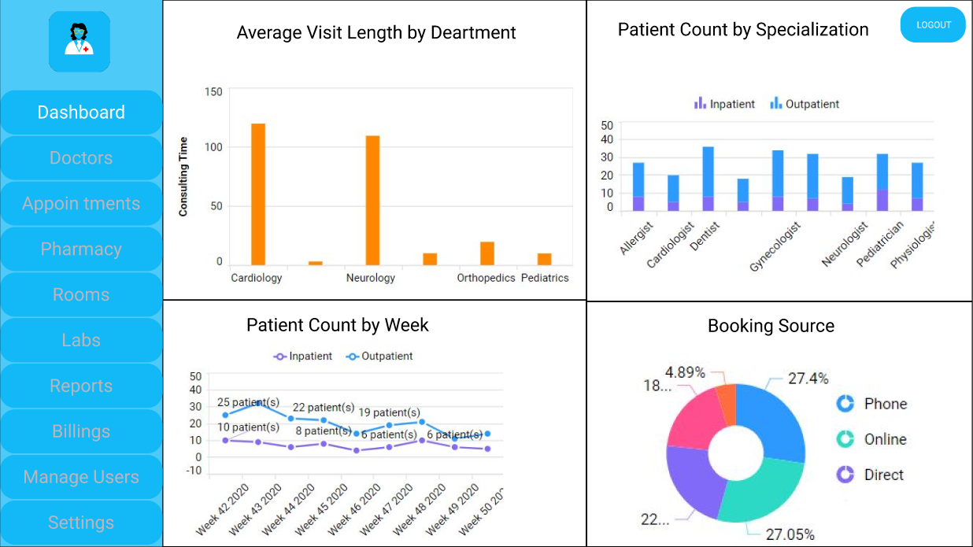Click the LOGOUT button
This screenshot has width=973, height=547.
click(933, 25)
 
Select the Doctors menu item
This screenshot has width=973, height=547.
click(81, 158)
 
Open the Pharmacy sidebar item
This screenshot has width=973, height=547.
click(81, 249)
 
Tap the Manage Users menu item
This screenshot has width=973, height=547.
click(81, 478)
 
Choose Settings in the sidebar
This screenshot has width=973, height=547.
click(81, 523)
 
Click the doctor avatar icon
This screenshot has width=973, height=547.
click(80, 42)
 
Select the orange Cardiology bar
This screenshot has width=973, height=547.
click(258, 194)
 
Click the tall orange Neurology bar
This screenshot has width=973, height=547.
click(372, 200)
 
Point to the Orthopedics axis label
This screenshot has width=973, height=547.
click(486, 278)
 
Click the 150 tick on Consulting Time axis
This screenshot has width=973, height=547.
click(213, 92)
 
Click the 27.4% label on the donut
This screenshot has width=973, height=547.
click(808, 379)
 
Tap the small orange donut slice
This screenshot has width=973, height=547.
click(726, 401)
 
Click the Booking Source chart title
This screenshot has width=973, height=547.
click(771, 326)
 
